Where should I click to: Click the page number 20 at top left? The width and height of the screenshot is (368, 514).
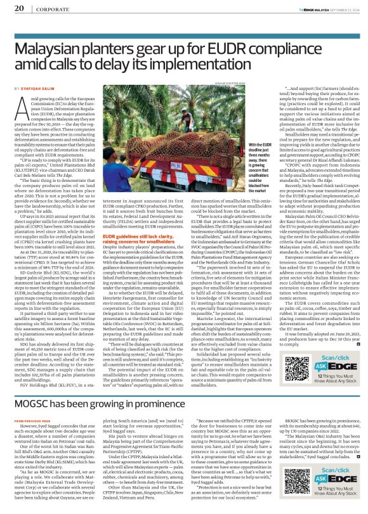click(x=19, y=8)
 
